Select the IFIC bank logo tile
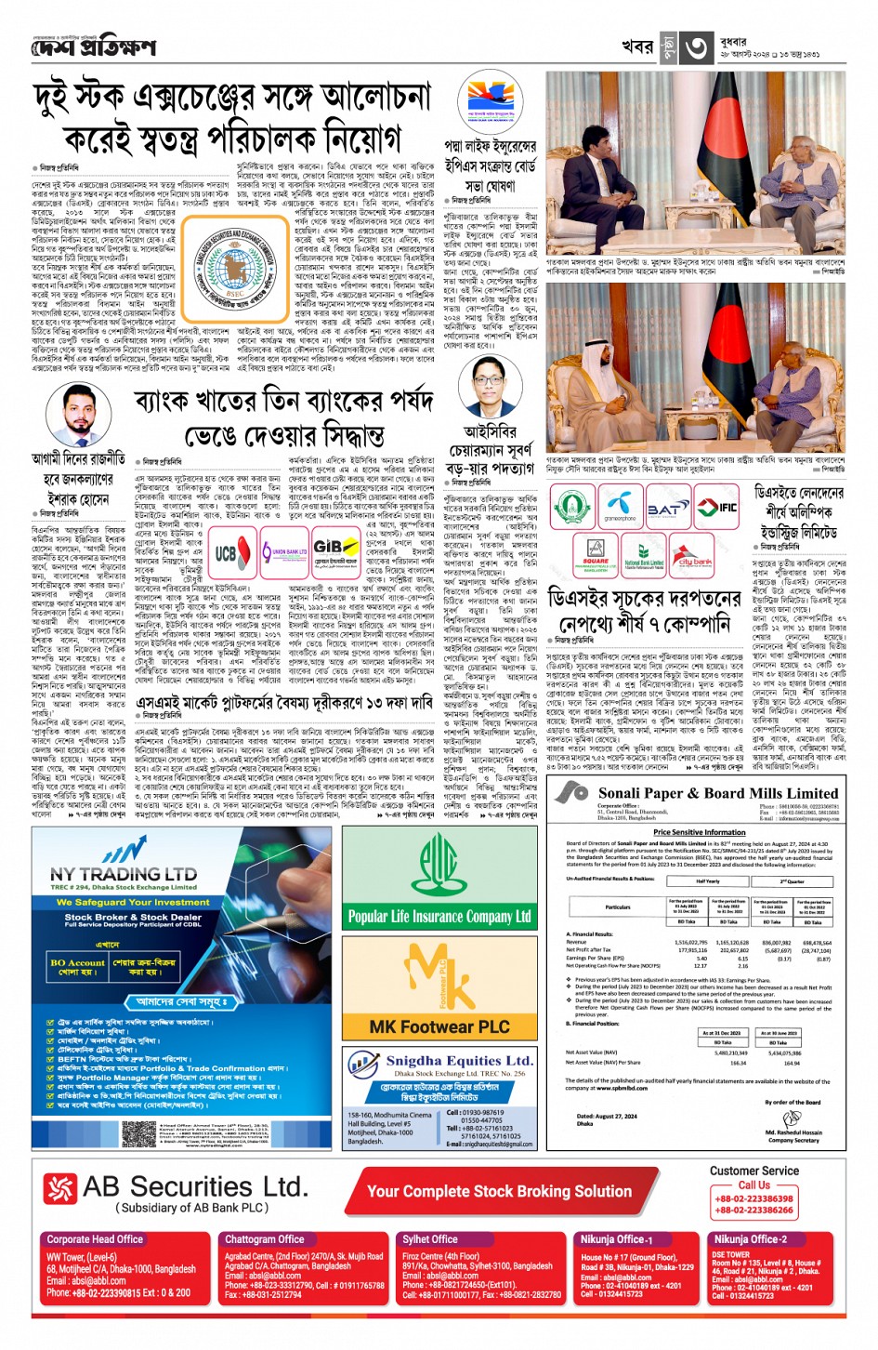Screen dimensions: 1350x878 720,508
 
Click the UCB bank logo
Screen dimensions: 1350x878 226,552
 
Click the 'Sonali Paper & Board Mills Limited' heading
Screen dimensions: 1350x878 718,793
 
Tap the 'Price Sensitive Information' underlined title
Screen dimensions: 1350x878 699,832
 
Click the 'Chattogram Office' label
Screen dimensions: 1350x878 265,1239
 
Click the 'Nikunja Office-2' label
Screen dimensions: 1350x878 750,1239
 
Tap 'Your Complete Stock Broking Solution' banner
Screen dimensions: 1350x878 499,1191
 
